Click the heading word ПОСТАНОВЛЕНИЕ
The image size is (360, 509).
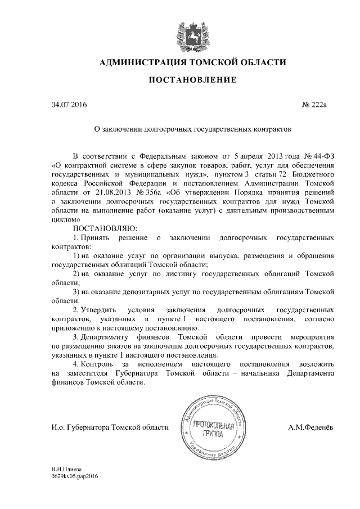pyautogui.click(x=192, y=81)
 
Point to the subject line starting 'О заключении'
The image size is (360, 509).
pyautogui.click(x=192, y=129)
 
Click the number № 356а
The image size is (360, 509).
pyautogui.click(x=149, y=191)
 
